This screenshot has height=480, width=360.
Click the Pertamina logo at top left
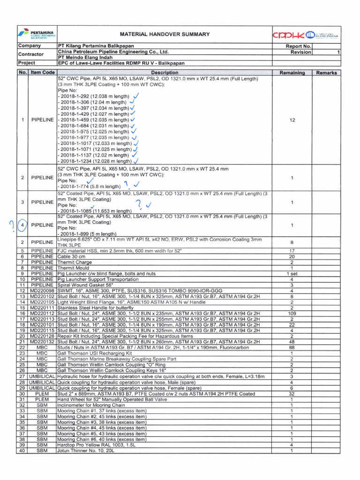pos(37,34)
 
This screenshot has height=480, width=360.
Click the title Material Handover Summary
pos(165,34)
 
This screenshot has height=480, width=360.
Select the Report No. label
pos(299,46)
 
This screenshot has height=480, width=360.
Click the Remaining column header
pos(292,73)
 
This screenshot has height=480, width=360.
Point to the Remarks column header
pos(327,73)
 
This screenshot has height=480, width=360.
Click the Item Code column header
pos(43,73)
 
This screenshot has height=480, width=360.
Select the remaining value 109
pos(292,313)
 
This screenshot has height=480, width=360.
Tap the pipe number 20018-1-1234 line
pos(94,161)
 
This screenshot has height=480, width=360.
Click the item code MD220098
pos(43,291)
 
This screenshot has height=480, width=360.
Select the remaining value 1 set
pos(292,273)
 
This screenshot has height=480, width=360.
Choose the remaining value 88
pos(292,347)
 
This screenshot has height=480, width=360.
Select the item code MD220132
pos(43,342)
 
